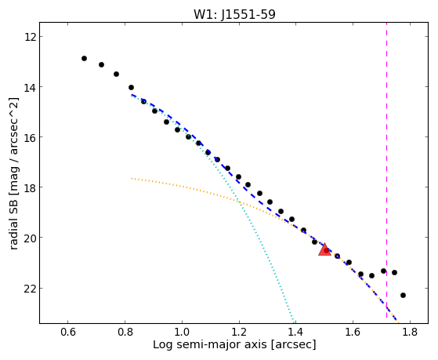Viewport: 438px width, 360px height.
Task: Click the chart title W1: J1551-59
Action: coord(234,14)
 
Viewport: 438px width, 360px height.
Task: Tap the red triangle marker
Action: coord(324,249)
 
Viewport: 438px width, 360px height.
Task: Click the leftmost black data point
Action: coord(84,59)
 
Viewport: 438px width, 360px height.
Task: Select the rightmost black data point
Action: coord(403,295)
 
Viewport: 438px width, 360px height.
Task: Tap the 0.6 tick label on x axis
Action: coord(68,332)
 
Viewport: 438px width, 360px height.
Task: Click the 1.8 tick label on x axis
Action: coord(410,332)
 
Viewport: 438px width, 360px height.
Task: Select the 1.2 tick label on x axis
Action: coord(239,332)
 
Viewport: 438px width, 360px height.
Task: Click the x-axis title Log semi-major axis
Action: coord(210,344)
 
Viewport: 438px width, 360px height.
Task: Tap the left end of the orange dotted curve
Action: coord(132,178)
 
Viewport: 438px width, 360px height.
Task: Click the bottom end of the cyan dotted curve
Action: coord(293,322)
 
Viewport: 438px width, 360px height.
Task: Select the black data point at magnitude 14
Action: coord(131,88)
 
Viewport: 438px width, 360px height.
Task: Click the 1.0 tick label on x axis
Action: coord(182,332)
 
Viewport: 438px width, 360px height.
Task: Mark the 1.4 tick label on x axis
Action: coord(296,332)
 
